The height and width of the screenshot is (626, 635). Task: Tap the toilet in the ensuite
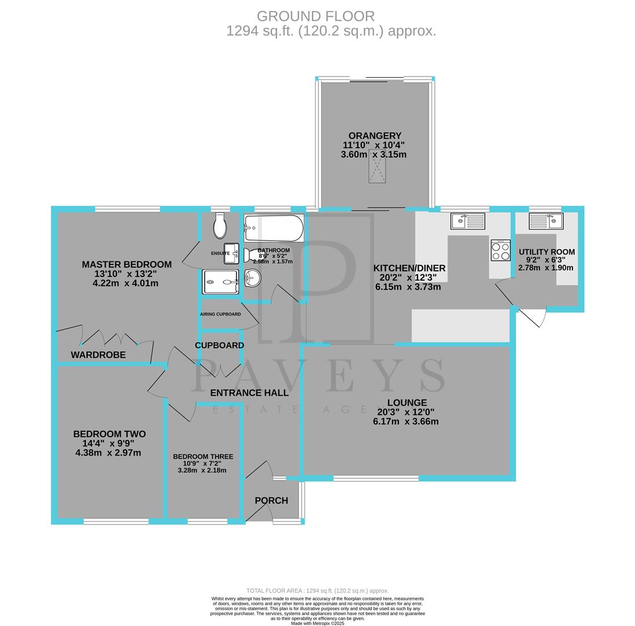pos(220,226)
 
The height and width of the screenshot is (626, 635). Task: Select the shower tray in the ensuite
pos(220,282)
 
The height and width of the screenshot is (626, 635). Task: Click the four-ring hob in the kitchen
pos(500,250)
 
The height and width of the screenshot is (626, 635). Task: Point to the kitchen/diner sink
pos(467,221)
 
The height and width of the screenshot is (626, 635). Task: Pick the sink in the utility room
pos(546,221)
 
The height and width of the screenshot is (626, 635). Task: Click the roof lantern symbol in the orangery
pos(377,166)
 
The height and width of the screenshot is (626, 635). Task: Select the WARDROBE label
pos(98,355)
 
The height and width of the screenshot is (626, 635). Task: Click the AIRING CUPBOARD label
pos(220,314)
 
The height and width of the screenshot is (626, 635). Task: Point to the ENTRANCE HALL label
pos(249,393)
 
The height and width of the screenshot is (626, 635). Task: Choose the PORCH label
pos(271,501)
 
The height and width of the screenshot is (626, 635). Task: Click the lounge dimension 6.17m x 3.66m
pos(406,421)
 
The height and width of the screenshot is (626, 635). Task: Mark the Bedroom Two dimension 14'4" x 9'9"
pos(108,443)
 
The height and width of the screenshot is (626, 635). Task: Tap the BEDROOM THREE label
pos(203,457)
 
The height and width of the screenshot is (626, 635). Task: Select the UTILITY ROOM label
pos(546,252)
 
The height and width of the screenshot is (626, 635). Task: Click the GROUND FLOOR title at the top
pos(315,16)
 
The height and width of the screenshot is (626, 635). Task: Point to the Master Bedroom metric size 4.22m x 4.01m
pos(125,283)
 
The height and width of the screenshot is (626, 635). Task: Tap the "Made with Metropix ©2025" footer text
pos(317,623)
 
